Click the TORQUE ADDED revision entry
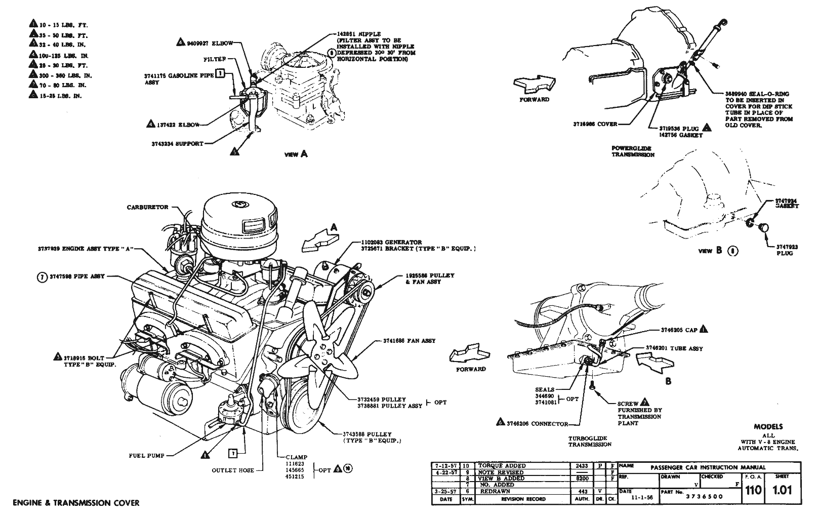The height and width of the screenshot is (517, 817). pos(501,466)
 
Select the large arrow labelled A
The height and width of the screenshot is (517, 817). pos(318,239)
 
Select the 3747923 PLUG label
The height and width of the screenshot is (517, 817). pos(787,250)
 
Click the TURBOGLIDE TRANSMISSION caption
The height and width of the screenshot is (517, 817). pos(589,442)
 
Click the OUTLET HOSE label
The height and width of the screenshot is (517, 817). pos(233,470)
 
